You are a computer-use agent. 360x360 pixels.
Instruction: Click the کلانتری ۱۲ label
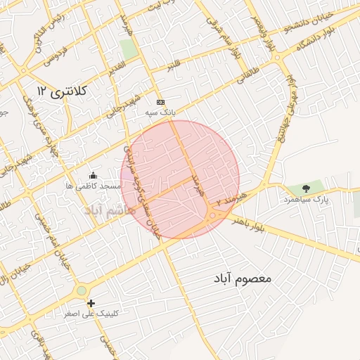(61, 91)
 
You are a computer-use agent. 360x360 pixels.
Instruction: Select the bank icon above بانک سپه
(160, 101)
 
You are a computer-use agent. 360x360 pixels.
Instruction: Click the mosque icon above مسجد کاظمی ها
(93, 174)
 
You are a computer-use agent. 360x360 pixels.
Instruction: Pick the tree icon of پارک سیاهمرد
(306, 188)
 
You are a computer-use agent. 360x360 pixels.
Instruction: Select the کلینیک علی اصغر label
(91, 314)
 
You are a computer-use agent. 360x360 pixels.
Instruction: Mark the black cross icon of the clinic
(91, 303)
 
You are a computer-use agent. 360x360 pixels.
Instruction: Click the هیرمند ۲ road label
(233, 198)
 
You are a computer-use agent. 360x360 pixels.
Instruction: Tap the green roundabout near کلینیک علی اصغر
(82, 289)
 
